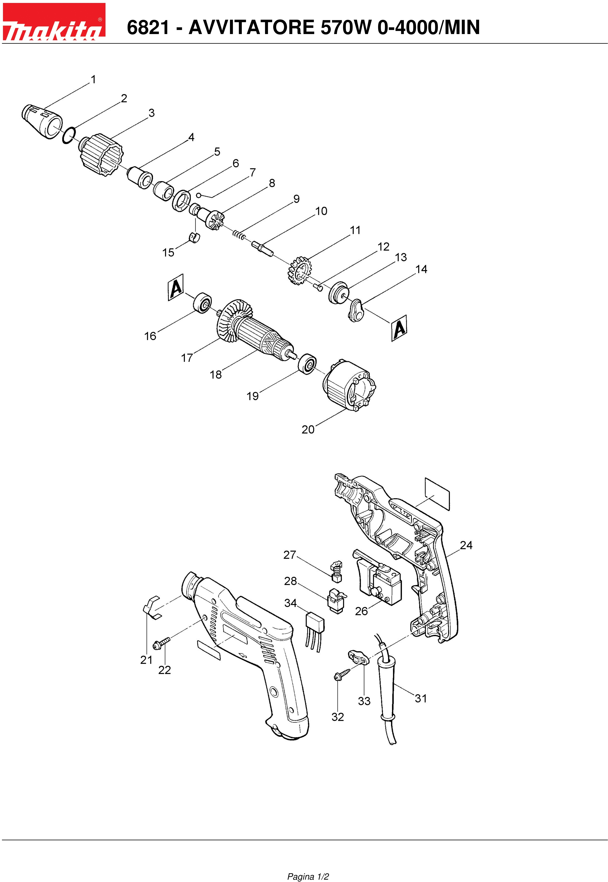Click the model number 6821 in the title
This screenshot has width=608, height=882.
[148, 27]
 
